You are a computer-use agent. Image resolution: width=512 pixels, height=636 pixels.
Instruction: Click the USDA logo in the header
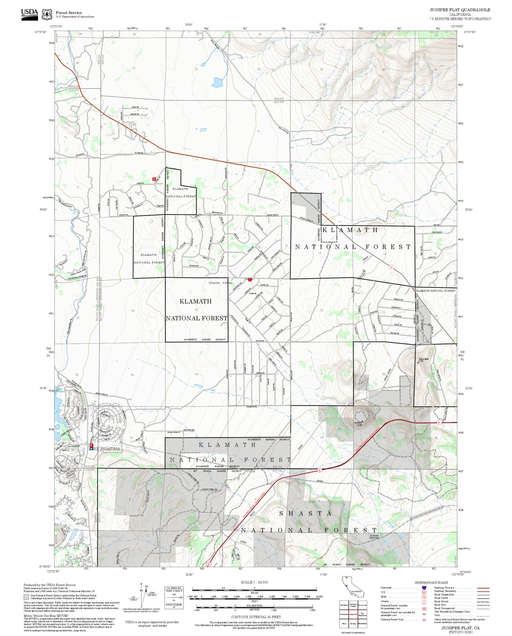point(29,14)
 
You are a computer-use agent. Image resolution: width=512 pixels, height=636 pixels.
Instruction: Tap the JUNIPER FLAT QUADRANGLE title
point(460,10)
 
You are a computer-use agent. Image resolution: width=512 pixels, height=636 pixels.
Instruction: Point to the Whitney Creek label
point(204,388)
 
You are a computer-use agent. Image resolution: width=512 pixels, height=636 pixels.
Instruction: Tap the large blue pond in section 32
point(217,83)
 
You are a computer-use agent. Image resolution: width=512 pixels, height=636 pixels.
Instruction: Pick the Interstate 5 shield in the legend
point(424,588)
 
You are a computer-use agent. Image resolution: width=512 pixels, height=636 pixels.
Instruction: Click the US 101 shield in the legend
point(424,592)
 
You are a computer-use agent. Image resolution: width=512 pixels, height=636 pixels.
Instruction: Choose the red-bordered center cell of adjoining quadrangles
point(353,613)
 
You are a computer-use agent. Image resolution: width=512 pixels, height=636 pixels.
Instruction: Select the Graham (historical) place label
point(374,536)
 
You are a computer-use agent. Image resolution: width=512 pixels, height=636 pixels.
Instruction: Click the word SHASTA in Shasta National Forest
point(305,514)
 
